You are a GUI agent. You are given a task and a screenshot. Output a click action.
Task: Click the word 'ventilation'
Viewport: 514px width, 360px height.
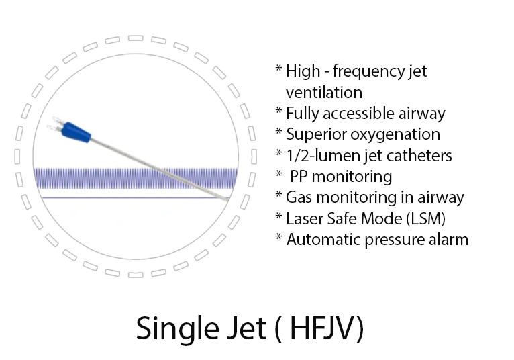(x=323, y=92)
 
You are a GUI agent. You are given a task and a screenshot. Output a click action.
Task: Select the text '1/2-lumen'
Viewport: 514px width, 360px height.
(x=319, y=155)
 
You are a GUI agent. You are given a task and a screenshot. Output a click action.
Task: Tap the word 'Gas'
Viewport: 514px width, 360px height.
(x=299, y=197)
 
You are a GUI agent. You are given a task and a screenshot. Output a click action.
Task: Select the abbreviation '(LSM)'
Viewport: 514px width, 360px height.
(x=423, y=218)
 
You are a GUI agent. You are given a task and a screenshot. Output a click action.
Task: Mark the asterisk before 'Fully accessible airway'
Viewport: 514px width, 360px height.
(x=278, y=112)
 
